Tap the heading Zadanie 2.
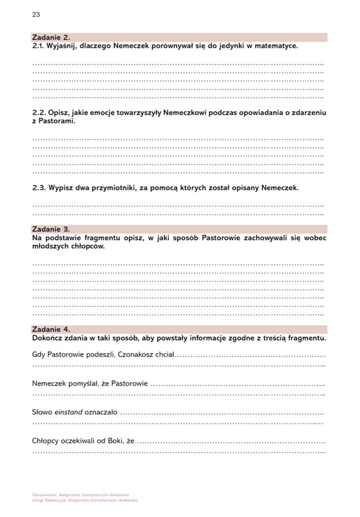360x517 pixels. point(51,37)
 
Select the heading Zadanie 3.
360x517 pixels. point(51,229)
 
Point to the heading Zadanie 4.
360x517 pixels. point(51,329)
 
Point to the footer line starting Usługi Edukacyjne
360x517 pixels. point(89,500)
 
